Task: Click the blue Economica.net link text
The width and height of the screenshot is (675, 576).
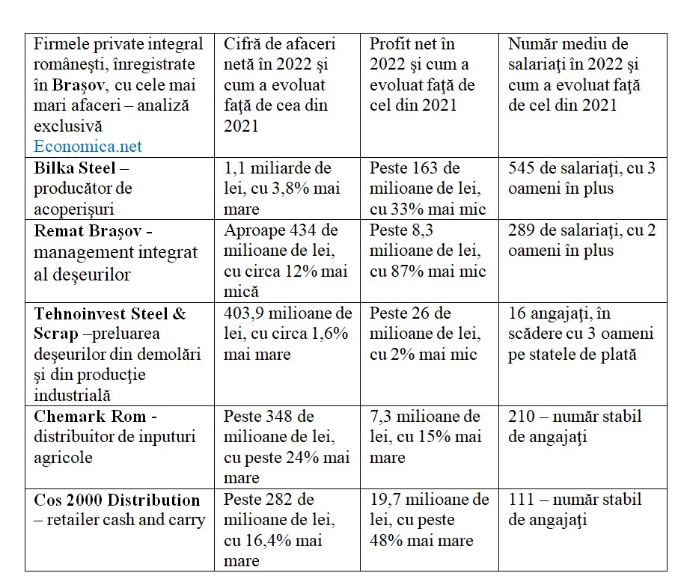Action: pyautogui.click(x=88, y=147)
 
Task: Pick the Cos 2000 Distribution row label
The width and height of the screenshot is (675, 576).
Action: pyautogui.click(x=117, y=500)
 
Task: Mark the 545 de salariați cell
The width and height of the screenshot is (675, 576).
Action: pyautogui.click(x=581, y=178)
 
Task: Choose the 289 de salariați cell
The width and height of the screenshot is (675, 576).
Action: pyautogui.click(x=581, y=240)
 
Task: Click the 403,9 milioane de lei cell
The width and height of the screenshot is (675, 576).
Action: pyautogui.click(x=287, y=333)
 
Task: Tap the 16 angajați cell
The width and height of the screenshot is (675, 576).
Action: pyautogui.click(x=581, y=334)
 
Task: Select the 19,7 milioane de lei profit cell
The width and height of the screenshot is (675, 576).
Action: pyautogui.click(x=429, y=519)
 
